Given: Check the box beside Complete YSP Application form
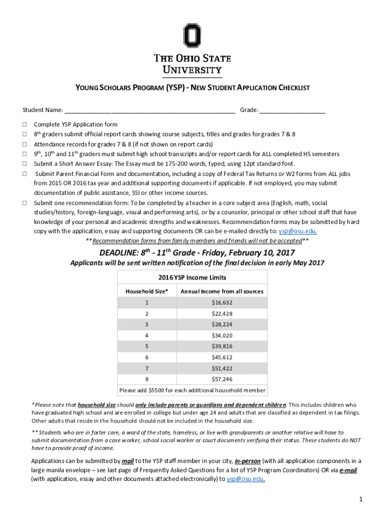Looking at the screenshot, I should coord(23,124).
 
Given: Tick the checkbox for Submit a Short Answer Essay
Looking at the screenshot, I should coord(23,163).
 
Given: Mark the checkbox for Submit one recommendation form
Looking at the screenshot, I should coord(23,203).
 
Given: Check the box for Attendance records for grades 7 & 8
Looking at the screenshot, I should coord(23,144).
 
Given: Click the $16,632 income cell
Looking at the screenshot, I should coord(221,302).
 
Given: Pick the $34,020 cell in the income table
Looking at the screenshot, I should coord(221,335).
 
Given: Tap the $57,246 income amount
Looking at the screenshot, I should coord(221,379).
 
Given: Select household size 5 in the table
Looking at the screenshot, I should coord(146,346).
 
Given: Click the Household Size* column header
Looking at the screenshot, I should coord(146,291).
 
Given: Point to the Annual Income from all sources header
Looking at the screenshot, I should coord(221,291).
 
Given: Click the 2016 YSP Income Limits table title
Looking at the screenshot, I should coord(192,277).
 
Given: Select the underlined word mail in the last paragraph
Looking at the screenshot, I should coord(127,461).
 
